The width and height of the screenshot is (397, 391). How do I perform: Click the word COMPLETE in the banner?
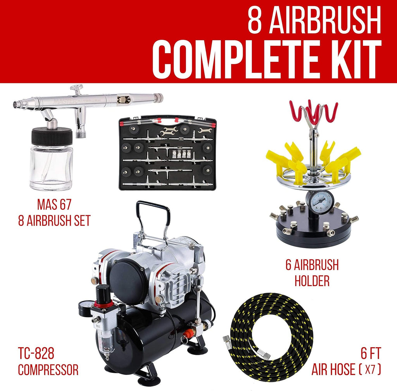[x=235, y=59]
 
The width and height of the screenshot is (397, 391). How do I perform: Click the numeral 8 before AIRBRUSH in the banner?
[x=254, y=20]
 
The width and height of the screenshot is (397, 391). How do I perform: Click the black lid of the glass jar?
[x=52, y=136]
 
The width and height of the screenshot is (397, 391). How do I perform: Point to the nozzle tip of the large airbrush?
[x=16, y=103]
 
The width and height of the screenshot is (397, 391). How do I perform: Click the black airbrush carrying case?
[x=167, y=153]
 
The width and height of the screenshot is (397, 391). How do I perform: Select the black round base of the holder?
[x=314, y=230]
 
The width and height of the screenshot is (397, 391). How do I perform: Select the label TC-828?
[x=36, y=353]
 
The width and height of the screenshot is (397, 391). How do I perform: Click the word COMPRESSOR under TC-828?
[x=48, y=370]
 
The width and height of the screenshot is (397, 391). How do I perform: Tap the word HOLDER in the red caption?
[x=312, y=281]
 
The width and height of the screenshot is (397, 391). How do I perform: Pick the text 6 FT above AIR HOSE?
[x=371, y=353]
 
